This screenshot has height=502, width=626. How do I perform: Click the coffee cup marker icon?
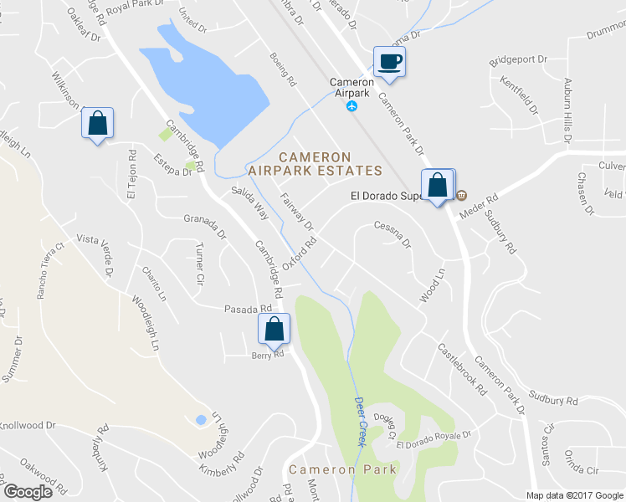tap(389, 61)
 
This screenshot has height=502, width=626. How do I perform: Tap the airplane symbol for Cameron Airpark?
tap(352, 107)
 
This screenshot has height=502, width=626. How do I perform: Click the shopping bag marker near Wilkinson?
tap(97, 123)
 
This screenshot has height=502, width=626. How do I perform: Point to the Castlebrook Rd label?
tap(461, 369)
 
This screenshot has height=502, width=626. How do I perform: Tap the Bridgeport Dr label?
tap(518, 60)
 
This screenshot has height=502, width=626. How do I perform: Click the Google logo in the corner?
tap(28, 492)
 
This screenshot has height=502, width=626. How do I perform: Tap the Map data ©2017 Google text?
tap(574, 495)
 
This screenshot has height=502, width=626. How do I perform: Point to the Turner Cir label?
tap(198, 265)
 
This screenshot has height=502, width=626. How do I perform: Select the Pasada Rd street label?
tap(249, 309)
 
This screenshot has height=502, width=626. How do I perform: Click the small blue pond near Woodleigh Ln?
tap(200, 420)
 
